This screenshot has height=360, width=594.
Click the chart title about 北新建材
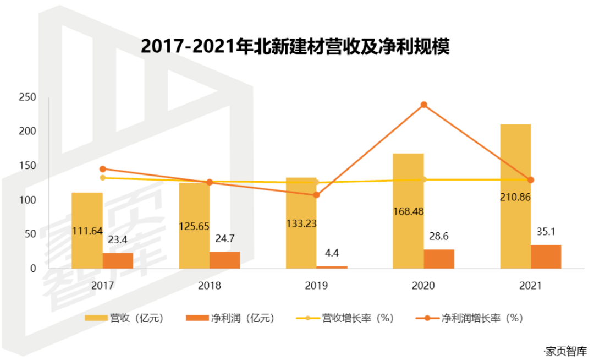click(295, 46)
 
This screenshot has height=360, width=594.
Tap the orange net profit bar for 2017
click(118, 260)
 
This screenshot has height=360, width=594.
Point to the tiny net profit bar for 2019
click(332, 267)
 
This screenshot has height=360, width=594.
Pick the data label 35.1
click(546, 232)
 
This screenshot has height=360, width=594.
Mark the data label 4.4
click(332, 253)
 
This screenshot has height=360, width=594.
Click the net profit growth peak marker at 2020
click(424, 105)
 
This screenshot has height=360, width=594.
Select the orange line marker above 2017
click(103, 169)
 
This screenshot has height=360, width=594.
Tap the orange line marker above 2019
click(316, 195)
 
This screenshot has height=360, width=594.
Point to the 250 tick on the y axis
click(27, 97)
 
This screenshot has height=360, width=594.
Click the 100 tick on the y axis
click(27, 200)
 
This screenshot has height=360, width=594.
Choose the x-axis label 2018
click(210, 286)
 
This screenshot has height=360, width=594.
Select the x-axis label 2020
click(424, 286)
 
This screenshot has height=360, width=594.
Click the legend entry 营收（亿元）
click(124, 318)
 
